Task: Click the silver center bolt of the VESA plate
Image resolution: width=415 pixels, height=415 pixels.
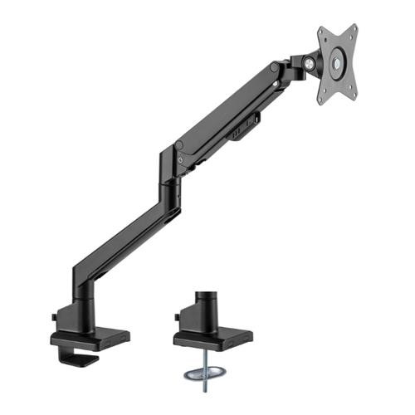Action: tap(339, 61)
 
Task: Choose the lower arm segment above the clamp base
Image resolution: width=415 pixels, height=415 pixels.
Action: tap(116, 249)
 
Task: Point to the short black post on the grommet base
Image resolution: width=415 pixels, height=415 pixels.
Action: tap(206, 308)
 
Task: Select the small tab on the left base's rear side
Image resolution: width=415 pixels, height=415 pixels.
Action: tap(56, 318)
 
